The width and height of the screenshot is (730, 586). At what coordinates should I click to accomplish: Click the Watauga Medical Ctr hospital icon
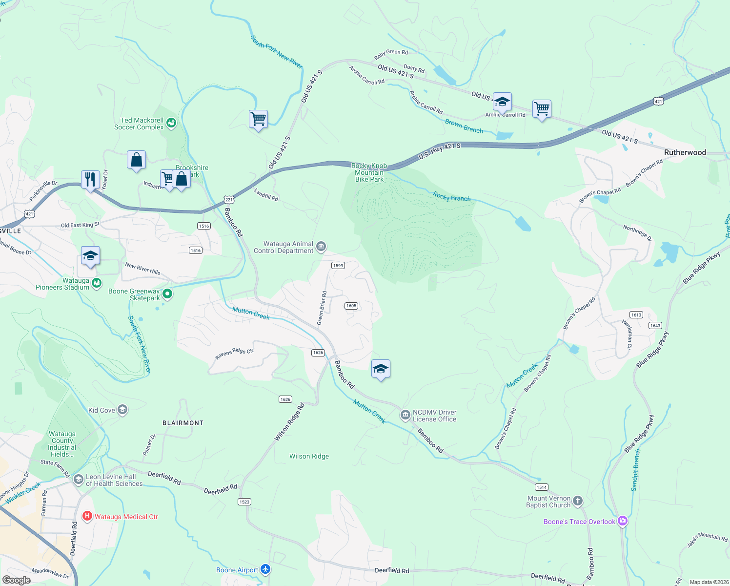pyautogui.click(x=87, y=516)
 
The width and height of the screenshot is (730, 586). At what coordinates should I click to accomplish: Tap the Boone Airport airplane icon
pyautogui.click(x=265, y=569)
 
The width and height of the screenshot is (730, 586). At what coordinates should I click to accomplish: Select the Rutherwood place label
pyautogui.click(x=685, y=152)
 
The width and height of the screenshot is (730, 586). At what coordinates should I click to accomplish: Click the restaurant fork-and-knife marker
pyautogui.click(x=90, y=180)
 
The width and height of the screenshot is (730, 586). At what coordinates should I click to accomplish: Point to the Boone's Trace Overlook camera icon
pyautogui.click(x=622, y=521)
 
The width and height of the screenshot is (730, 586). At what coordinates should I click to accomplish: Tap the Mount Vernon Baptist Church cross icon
pyautogui.click(x=577, y=501)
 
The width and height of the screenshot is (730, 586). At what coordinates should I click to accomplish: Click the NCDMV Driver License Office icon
pyautogui.click(x=405, y=415)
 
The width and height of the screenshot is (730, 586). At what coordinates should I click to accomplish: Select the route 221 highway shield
pyautogui.click(x=229, y=200)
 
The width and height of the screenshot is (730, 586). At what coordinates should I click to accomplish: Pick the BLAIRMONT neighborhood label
pyautogui.click(x=183, y=423)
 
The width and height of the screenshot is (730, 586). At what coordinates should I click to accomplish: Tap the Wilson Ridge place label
pyautogui.click(x=309, y=456)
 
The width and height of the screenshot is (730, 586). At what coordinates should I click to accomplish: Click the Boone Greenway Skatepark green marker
pyautogui.click(x=167, y=294)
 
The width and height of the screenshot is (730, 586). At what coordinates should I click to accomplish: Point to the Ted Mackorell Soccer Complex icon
pyautogui.click(x=171, y=123)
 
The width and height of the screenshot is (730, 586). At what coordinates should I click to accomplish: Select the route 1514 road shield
pyautogui.click(x=541, y=487)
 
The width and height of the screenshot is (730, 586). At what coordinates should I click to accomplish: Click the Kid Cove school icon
pyautogui.click(x=122, y=410)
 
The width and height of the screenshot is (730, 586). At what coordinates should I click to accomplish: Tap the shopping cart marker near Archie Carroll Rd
pyautogui.click(x=542, y=108)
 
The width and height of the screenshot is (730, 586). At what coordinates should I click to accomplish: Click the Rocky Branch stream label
pyautogui.click(x=452, y=197)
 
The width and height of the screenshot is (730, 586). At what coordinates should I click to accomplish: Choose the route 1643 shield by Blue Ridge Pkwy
pyautogui.click(x=655, y=325)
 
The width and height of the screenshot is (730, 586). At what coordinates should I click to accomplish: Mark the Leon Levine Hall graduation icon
pyautogui.click(x=79, y=480)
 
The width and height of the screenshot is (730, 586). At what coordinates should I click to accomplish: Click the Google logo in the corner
pyautogui.click(x=16, y=580)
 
